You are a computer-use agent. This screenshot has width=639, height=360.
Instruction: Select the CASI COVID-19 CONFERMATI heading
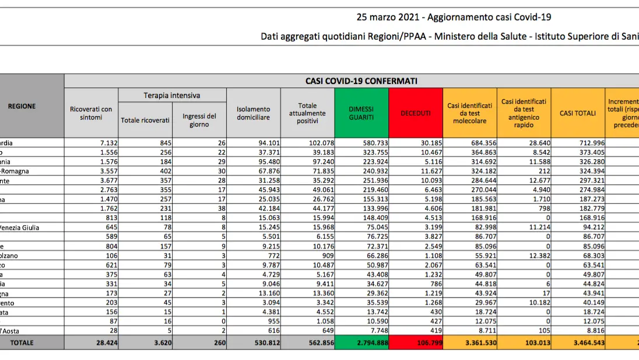pyautogui.click(x=361, y=81)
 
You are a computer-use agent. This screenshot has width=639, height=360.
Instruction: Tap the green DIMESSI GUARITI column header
pyautogui.click(x=361, y=113)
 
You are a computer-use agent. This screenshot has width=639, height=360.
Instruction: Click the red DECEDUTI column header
pyautogui.click(x=416, y=113)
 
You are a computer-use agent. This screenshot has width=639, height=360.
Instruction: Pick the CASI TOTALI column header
pyautogui.click(x=578, y=113)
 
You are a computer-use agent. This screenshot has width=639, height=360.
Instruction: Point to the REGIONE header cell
pyautogui.click(x=22, y=106)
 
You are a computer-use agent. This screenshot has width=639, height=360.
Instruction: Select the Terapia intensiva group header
pyautogui.click(x=172, y=95)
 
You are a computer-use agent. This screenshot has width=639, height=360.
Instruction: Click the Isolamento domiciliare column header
pyautogui.click(x=253, y=113)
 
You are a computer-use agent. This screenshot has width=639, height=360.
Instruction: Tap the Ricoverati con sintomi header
pyautogui.click(x=91, y=113)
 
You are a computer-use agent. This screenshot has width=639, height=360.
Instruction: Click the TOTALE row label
pyautogui.click(x=22, y=343)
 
